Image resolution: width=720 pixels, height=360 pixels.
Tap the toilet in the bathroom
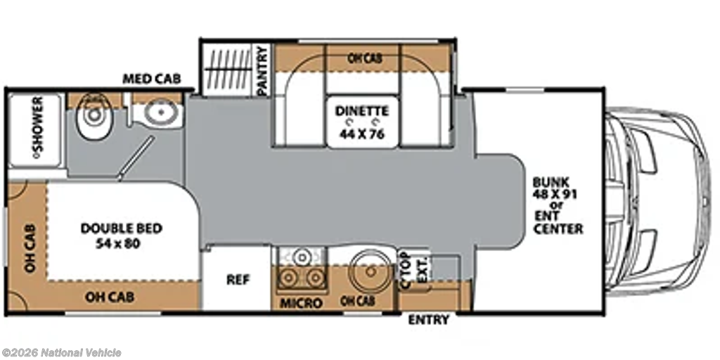coord(94,117)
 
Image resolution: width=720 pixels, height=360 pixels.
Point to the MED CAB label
coord(152,79)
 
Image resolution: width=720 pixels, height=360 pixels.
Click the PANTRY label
coord(262,70)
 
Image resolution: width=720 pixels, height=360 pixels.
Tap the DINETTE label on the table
coord(362,111)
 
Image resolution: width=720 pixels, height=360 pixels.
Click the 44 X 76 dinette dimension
coord(362,134)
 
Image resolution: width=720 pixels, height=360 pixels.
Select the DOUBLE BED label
coord(121,229)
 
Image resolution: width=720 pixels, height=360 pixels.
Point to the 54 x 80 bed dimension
coord(118,244)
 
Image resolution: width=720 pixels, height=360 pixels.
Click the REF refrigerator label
coord(238,280)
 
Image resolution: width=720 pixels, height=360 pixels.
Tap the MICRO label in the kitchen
coord(301,304)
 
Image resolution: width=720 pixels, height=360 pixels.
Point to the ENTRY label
coord(428,320)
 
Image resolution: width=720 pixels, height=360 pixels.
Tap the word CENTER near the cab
coord(558,229)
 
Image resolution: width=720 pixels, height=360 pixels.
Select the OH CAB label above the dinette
coord(365,58)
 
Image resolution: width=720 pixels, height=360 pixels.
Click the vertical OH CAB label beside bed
coord(30,248)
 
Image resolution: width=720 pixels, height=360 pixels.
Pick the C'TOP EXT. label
coord(414,271)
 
